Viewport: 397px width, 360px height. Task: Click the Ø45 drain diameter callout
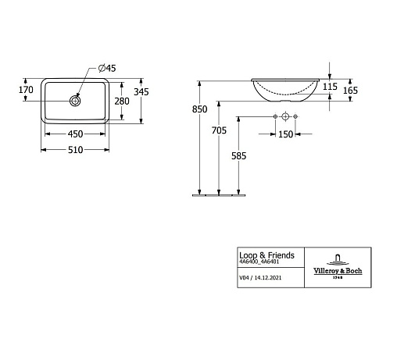(107, 68)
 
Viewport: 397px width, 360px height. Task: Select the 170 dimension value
(26, 90)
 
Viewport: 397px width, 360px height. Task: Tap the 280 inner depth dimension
(122, 102)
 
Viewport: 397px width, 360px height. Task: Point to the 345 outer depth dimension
(141, 92)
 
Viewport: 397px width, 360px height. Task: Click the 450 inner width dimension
(75, 134)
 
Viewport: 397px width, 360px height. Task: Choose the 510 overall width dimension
(75, 150)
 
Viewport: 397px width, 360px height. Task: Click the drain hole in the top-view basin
(75, 101)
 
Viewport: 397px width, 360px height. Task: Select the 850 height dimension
(199, 109)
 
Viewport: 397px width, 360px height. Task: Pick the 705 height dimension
(219, 130)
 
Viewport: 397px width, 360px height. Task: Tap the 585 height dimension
(239, 156)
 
